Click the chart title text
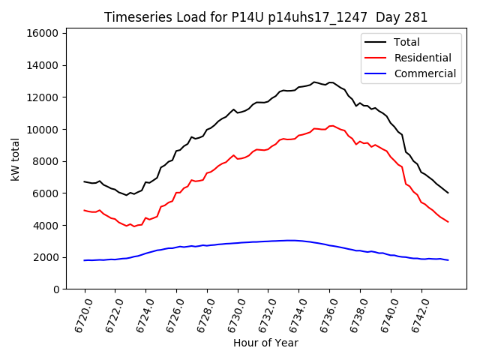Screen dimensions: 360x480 [266, 17]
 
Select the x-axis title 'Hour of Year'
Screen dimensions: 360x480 [265, 343]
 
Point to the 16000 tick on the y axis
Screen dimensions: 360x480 [43, 33]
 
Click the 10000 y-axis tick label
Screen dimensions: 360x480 [43, 129]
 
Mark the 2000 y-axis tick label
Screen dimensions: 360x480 [46, 257]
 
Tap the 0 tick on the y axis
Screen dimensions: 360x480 [56, 289]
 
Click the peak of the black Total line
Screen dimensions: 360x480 [314, 82]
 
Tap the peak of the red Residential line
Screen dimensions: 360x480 [331, 125]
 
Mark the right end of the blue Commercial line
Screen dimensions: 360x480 [448, 260]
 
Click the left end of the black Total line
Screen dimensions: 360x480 [85, 181]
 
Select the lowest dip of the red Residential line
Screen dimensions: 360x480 [134, 226]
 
